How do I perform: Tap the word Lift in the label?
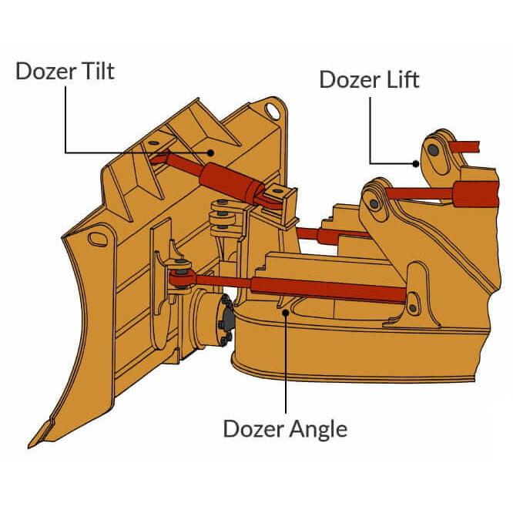(396, 79)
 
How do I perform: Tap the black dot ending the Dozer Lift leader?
(416, 163)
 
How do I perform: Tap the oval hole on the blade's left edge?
(98, 236)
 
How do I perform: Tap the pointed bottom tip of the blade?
(32, 444)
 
